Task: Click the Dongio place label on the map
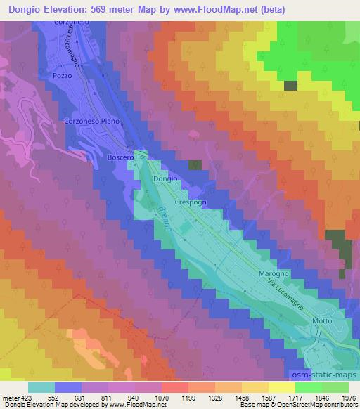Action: point(165,179)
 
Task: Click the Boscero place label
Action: point(120,157)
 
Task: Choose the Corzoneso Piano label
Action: point(92,121)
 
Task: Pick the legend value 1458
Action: point(233,397)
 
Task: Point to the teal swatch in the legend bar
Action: point(41,387)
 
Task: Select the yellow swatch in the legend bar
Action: point(281,387)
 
